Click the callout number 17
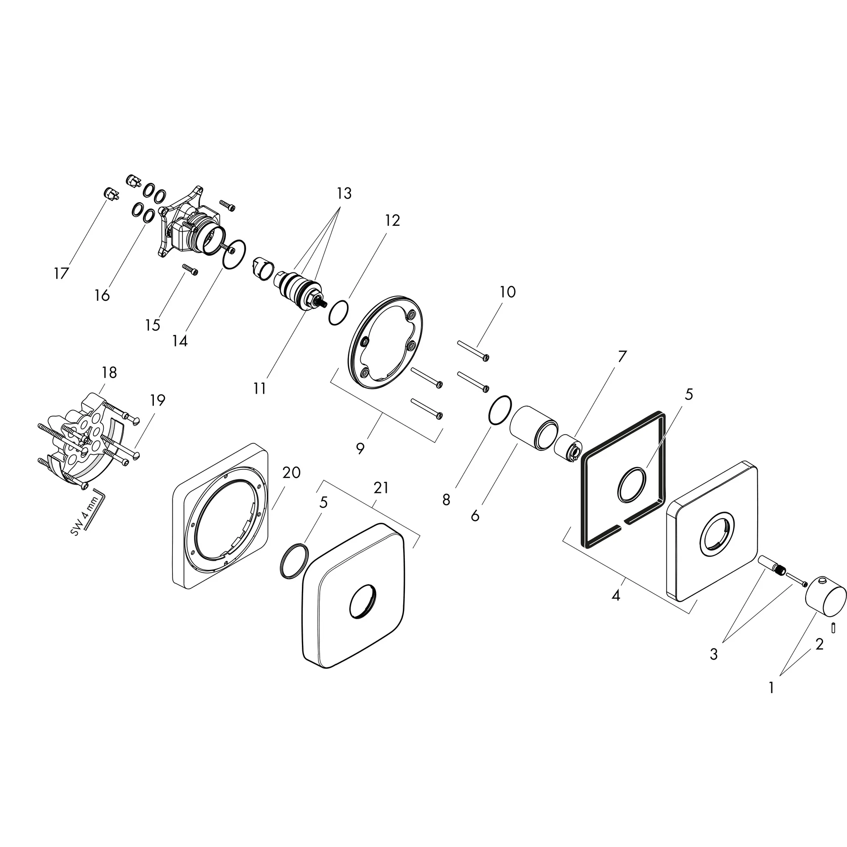[61, 273]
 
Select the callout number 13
[344, 193]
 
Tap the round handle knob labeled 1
[826, 597]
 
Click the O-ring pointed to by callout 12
[338, 313]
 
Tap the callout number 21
[380, 488]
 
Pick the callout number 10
[508, 292]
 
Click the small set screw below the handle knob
[833, 628]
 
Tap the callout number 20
[291, 472]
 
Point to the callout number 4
[616, 596]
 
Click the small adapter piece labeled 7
[568, 448]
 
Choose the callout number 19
[158, 400]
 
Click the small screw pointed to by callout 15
[190, 269]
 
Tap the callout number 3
[714, 654]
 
